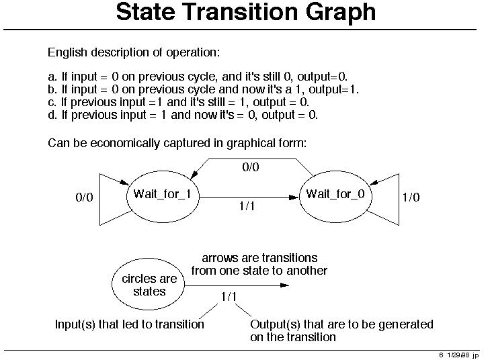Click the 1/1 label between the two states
(x=247, y=206)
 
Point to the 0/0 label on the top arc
(x=251, y=167)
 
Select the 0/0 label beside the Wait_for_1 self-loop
(x=85, y=197)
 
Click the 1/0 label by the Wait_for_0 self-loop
(x=411, y=197)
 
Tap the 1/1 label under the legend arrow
(x=229, y=297)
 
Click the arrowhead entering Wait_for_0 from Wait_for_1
(x=294, y=197)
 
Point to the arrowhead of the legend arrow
(x=284, y=285)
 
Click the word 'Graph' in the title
(x=341, y=13)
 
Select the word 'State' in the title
(x=145, y=12)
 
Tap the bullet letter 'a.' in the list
(x=52, y=77)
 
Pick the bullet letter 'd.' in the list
(x=52, y=115)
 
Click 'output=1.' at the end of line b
(x=334, y=89)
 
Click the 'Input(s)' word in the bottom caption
(x=75, y=324)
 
